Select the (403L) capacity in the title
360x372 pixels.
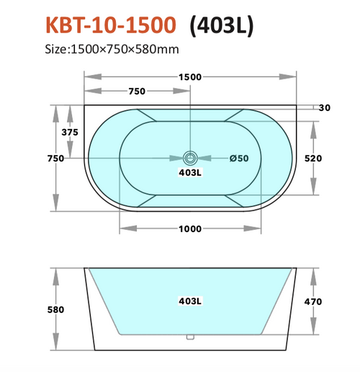tap(221, 25)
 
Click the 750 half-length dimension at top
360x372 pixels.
tap(137, 91)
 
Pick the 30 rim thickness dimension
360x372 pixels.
tap(324, 108)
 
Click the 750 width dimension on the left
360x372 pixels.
tap(55, 158)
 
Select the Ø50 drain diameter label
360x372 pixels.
tap(238, 159)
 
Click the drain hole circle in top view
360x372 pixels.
tap(190, 158)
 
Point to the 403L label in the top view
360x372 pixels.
tap(190, 173)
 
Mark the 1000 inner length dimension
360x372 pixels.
tap(190, 229)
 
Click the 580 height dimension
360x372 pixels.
tap(55, 310)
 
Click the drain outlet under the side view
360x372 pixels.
tap(190, 335)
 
